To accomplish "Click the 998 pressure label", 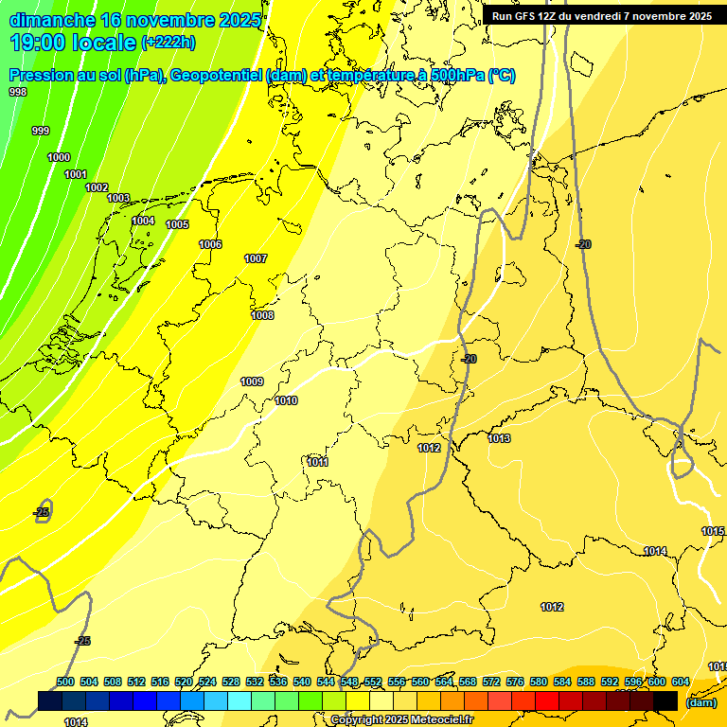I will [18, 92].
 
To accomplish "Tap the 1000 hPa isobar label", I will [59, 157].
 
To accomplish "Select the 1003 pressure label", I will [118, 198].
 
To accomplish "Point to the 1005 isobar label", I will [177, 224].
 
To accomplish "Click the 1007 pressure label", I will [256, 258].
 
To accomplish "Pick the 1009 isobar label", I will [252, 381].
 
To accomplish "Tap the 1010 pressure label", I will [286, 400].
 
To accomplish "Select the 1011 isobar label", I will [318, 462].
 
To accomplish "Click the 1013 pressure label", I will [500, 438].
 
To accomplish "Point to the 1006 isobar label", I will [210, 244].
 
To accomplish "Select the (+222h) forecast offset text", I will [168, 43].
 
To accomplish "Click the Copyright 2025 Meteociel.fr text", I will [401, 719].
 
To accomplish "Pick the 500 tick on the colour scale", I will [65, 682].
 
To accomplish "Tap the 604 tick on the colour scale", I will [680, 682].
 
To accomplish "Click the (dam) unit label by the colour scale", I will [700, 701].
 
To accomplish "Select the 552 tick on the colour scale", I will [373, 682].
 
